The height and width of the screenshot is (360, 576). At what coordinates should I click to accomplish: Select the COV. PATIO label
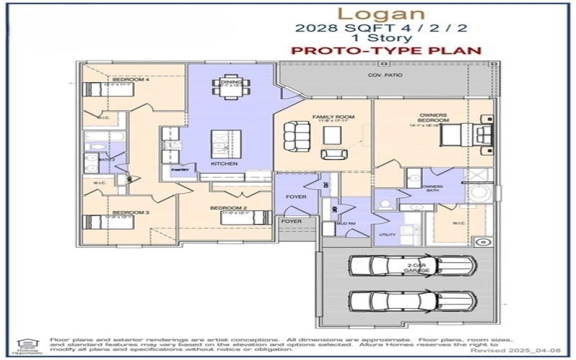385,75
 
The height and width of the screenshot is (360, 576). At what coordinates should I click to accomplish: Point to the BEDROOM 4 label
131,80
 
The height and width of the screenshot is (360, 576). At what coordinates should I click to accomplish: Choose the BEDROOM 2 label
224,208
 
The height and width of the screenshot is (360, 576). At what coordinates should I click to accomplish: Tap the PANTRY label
179,170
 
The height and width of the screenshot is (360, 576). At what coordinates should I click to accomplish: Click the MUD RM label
346,224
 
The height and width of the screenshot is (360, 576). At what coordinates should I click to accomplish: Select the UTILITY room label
387,235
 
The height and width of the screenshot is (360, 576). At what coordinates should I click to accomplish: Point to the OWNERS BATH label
432,189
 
